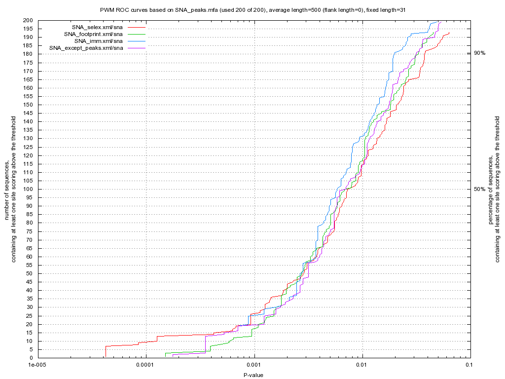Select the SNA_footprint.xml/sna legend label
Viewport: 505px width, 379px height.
[x=93, y=34]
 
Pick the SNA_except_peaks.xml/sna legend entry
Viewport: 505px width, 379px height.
[x=86, y=48]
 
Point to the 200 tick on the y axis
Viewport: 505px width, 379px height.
[x=28, y=20]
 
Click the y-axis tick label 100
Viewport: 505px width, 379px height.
[x=28, y=189]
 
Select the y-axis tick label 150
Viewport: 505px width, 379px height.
[x=28, y=105]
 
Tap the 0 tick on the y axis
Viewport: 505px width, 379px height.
[x=31, y=358]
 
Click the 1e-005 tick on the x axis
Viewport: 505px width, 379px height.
[x=37, y=365]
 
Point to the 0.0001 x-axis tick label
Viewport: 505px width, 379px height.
[x=145, y=365]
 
